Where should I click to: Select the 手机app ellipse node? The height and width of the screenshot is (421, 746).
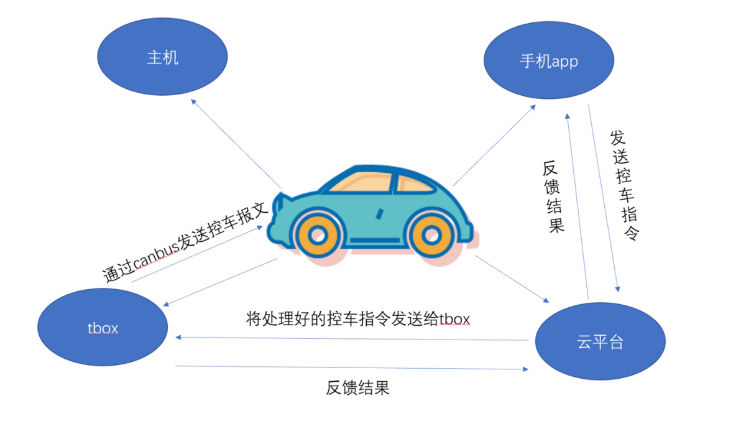tap(549, 62)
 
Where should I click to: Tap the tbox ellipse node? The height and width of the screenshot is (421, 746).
tap(103, 328)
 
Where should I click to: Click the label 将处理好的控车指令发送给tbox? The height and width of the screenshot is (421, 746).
tap(357, 319)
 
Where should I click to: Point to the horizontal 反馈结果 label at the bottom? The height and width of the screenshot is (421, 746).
tap(357, 389)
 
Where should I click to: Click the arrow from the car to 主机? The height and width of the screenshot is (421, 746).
tap(236, 144)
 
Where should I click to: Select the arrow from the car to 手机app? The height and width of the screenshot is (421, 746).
tap(494, 146)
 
